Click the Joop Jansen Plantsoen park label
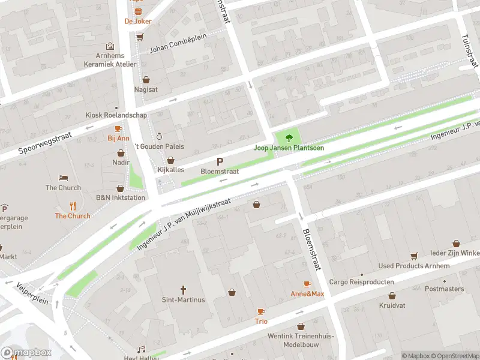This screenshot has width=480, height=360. [x=289, y=148]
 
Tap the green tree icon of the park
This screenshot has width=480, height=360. [x=290, y=137]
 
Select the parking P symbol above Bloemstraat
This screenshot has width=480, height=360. [x=220, y=161]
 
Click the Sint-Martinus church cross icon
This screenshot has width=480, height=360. [x=184, y=289]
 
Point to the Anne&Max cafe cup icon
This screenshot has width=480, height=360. [x=307, y=284]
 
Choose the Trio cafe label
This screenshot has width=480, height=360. [x=261, y=322]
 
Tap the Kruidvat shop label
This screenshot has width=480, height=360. [x=392, y=305]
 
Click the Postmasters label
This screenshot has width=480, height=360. [x=444, y=289]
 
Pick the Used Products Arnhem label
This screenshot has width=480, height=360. [x=414, y=266]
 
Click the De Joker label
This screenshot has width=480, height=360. [x=138, y=21]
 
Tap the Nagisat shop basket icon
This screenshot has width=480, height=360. [x=146, y=79]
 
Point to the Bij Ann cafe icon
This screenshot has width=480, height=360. [x=118, y=128]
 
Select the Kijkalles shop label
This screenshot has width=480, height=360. [x=170, y=170]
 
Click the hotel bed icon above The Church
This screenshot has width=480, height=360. [x=63, y=178]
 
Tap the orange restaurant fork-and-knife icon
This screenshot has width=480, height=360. [x=73, y=206]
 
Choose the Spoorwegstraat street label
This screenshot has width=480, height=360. [x=45, y=143]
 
